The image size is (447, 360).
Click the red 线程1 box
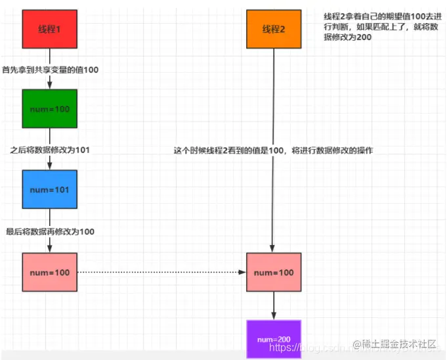pyautogui.click(x=50, y=29)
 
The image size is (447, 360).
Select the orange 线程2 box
pyautogui.click(x=273, y=29)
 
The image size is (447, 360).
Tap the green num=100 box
pyautogui.click(x=50, y=108)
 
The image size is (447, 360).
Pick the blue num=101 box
pyautogui.click(x=50, y=189)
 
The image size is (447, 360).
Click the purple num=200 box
pyautogui.click(x=273, y=339)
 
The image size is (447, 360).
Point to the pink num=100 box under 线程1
pyautogui.click(x=50, y=271)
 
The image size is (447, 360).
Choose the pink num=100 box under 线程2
pyautogui.click(x=273, y=271)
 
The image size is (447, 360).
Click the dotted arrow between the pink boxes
pyautogui.click(x=161, y=271)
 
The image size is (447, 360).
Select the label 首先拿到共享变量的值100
pyautogui.click(x=52, y=70)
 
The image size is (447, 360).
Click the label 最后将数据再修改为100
pyautogui.click(x=50, y=231)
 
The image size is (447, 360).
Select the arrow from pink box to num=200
pyautogui.click(x=273, y=305)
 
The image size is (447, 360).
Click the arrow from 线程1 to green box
pyautogui.click(x=50, y=82)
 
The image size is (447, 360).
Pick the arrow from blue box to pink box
pyautogui.click(x=50, y=243)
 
